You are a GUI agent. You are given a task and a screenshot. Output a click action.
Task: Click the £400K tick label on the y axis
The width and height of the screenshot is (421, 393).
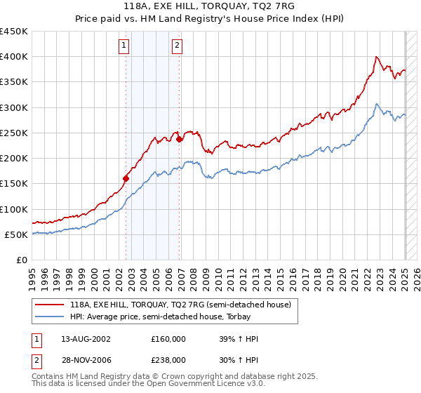[x=14, y=57]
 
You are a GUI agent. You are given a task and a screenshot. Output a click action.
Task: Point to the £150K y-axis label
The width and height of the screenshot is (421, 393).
[x=14, y=184]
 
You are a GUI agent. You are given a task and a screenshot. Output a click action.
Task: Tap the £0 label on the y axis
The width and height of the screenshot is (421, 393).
[x=22, y=260]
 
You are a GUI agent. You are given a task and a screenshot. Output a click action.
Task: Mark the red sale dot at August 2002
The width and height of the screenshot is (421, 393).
[x=126, y=178]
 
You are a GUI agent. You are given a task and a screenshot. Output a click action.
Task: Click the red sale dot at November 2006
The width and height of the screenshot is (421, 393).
[x=180, y=139]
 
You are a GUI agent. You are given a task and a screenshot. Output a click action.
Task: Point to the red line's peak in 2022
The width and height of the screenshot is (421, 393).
[x=377, y=57]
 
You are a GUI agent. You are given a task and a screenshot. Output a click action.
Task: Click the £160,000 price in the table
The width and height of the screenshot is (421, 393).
[x=168, y=339]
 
